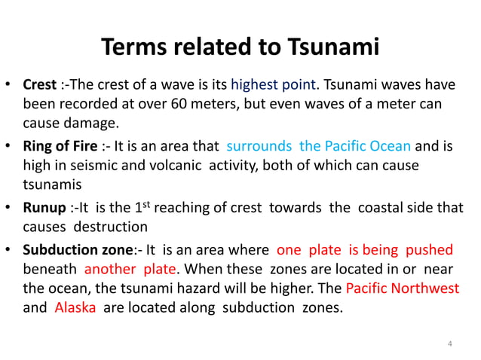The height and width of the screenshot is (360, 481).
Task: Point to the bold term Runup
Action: [43, 207]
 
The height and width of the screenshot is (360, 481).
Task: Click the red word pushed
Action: [430, 250]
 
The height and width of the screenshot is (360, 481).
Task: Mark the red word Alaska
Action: [75, 307]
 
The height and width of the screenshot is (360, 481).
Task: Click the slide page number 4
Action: [450, 345]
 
